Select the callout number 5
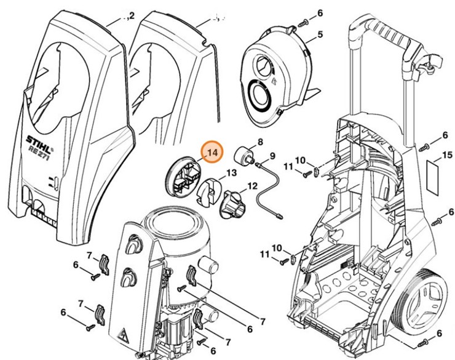tap(319, 36)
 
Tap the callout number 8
tap(260, 142)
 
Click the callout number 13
tap(232, 174)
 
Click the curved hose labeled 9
tap(272, 190)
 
